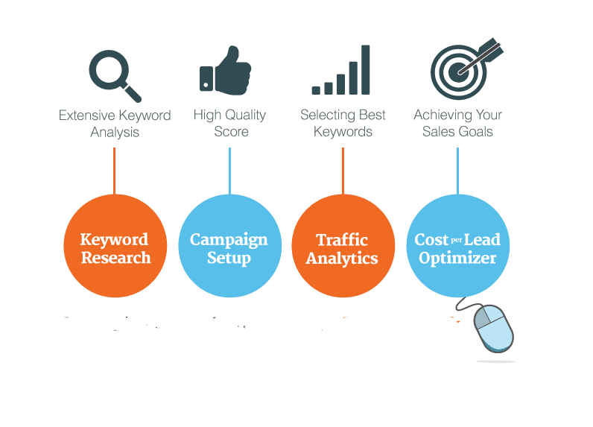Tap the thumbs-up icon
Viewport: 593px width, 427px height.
click(x=226, y=70)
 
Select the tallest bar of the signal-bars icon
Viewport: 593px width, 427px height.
click(x=365, y=69)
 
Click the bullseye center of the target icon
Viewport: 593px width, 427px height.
click(x=459, y=72)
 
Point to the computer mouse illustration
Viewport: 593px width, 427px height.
click(x=492, y=327)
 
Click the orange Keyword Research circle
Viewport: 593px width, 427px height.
click(x=115, y=246)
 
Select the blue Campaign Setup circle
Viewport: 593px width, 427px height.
click(x=230, y=246)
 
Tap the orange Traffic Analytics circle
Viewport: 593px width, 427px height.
click(x=343, y=246)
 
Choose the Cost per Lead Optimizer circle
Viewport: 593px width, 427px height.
click(x=458, y=246)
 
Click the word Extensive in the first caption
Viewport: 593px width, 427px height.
click(x=86, y=116)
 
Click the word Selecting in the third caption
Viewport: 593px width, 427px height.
click(x=326, y=116)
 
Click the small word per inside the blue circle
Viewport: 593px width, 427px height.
click(x=457, y=240)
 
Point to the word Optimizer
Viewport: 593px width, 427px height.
click(x=457, y=259)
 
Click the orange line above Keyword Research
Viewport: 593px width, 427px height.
click(x=114, y=171)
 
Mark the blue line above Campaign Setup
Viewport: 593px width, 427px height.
click(x=229, y=171)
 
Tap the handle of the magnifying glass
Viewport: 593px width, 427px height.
click(x=132, y=93)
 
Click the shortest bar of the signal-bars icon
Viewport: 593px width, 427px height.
click(x=316, y=90)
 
